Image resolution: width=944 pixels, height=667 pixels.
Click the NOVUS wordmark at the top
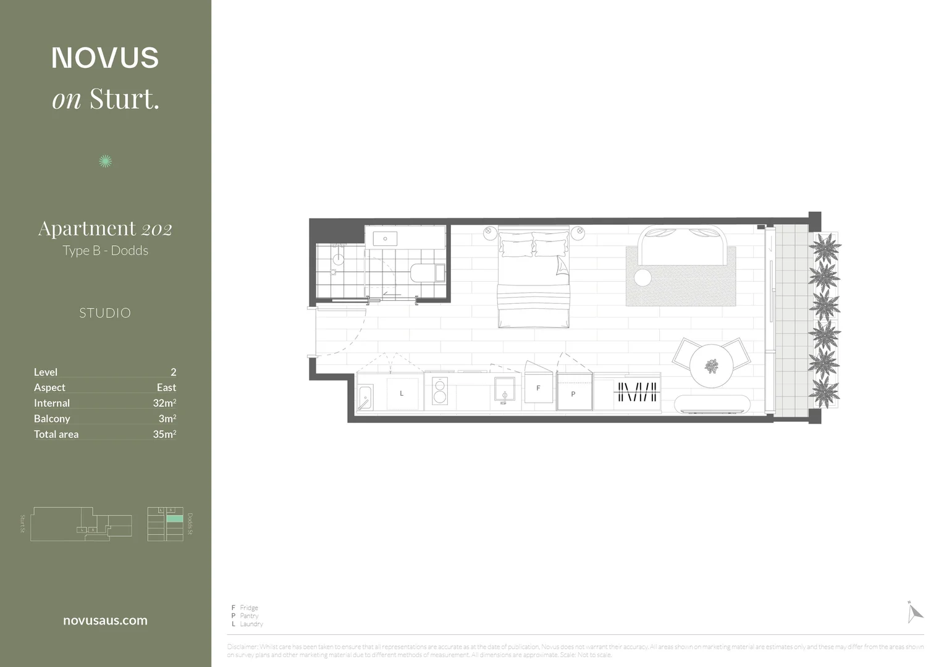point(105,57)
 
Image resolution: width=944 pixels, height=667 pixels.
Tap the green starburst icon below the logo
point(106,161)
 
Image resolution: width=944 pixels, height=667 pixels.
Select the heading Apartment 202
point(105,229)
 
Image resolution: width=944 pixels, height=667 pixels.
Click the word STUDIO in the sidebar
point(105,313)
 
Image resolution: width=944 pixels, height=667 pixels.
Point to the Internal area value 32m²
point(164,403)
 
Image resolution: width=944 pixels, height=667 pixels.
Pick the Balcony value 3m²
point(167,418)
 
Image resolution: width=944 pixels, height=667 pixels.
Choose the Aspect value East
point(166,387)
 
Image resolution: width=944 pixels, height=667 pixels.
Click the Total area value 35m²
point(164,434)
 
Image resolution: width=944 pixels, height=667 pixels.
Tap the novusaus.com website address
point(105,621)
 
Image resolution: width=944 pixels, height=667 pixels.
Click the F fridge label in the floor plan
point(538,388)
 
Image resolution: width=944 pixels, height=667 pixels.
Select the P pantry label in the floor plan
point(573,393)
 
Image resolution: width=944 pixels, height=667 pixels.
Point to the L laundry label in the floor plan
point(402,393)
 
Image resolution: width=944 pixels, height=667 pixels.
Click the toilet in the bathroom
point(427,272)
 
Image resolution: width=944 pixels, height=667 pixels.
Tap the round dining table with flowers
point(711,366)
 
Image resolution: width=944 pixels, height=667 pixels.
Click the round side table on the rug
point(643,277)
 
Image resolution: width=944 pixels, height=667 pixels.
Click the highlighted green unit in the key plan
point(175,519)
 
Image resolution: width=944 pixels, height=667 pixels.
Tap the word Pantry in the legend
point(249,616)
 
